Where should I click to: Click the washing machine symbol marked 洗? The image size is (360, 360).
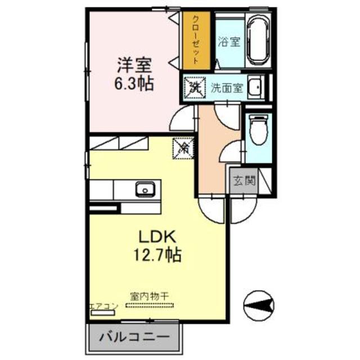click(x=195, y=87)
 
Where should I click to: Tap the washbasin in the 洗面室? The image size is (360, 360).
click(x=256, y=87)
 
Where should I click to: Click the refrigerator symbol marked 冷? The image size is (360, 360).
click(x=183, y=148)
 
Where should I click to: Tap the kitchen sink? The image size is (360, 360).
click(x=145, y=189)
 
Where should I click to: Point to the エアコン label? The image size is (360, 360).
click(x=103, y=305)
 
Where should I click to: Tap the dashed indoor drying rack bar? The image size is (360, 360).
click(x=150, y=306)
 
